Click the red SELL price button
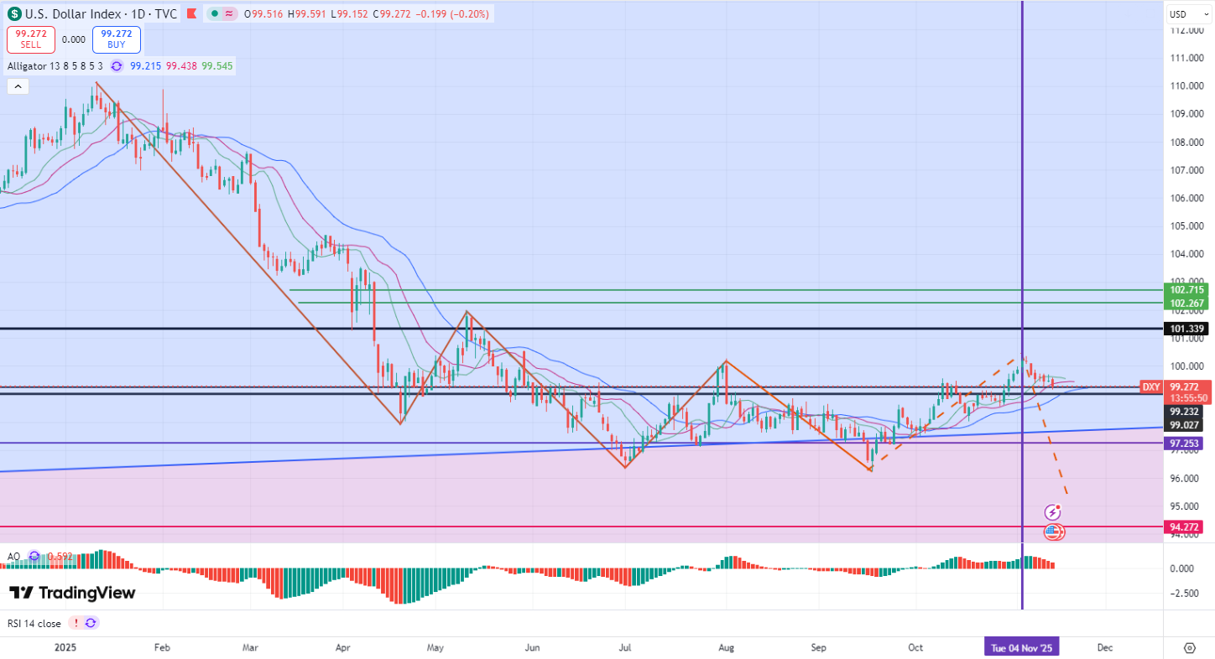[31, 39]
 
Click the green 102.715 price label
[1186, 290]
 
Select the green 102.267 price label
[1186, 303]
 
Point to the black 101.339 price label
[1186, 329]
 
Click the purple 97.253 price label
[1186, 443]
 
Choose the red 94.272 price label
[1186, 527]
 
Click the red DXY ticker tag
[1150, 387]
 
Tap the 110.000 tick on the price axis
[1188, 86]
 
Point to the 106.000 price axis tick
[1188, 199]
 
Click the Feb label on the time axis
[163, 647]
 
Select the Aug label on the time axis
[727, 647]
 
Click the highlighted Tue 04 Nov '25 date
[1021, 647]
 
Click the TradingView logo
[72, 593]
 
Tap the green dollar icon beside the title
[15, 14]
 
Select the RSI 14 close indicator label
[34, 623]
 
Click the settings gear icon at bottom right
[1190, 647]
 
